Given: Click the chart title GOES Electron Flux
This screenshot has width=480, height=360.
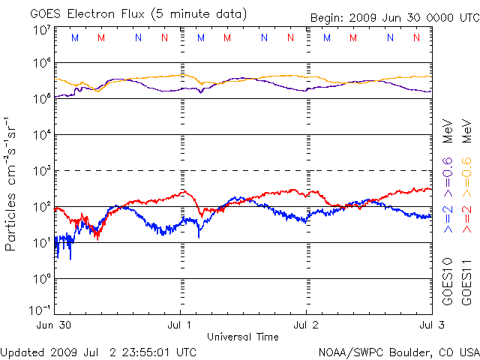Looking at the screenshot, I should click(82, 14).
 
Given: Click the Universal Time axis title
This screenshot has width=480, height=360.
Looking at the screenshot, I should click(243, 337).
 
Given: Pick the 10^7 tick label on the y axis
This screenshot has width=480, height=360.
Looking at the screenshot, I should click(42, 29).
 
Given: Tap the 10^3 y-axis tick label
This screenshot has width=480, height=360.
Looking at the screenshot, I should click(42, 172).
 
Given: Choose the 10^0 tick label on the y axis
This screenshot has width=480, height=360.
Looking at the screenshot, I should click(42, 279).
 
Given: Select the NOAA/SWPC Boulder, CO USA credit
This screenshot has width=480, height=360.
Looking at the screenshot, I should click(398, 352).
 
